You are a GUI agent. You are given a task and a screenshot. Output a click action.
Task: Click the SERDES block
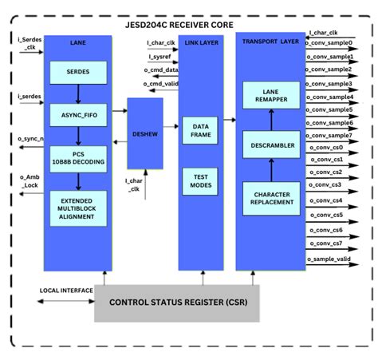78,73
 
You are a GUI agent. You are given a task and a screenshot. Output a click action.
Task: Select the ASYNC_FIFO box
78,114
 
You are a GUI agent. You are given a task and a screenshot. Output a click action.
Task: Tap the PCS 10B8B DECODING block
78,158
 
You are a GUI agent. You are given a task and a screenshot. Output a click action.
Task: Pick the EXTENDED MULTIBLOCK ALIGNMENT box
78,207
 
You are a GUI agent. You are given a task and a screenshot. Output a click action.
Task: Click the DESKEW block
144,133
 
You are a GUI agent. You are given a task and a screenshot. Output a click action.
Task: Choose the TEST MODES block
200,181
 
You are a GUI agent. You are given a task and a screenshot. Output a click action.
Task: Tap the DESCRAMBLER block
272,145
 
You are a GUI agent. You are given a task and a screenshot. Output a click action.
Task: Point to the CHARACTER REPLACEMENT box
272,198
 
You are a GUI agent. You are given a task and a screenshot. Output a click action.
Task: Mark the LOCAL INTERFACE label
66,291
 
